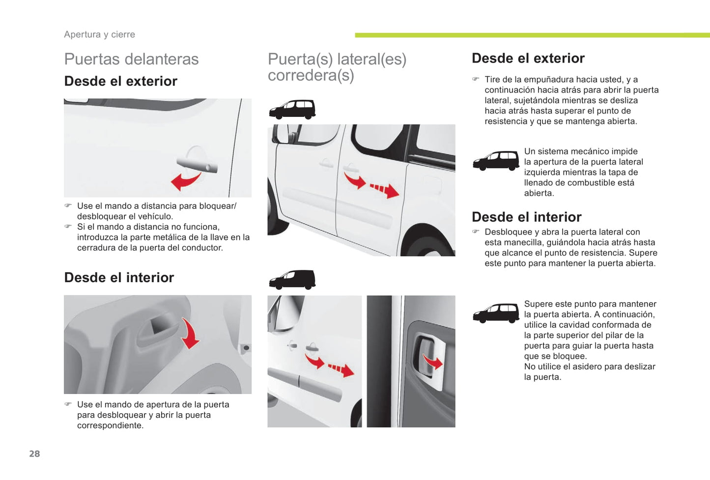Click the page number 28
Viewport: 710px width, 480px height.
(34, 453)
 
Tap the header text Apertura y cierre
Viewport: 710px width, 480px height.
(100, 34)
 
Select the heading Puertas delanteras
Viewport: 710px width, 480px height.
(131, 59)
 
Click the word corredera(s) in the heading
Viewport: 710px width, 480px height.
(311, 76)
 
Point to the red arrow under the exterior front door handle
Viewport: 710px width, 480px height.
(185, 181)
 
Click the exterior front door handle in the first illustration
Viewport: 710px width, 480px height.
(197, 165)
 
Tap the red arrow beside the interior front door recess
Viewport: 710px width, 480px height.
(191, 333)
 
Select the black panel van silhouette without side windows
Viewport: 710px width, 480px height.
(292, 280)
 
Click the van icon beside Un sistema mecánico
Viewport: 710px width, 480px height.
(496, 161)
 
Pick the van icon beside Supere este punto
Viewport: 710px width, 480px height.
(496, 313)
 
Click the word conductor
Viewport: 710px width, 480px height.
(204, 248)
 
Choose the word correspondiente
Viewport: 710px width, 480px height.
(110, 425)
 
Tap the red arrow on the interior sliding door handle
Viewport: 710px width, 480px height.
(433, 362)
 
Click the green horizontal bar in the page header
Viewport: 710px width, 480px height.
(533, 35)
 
